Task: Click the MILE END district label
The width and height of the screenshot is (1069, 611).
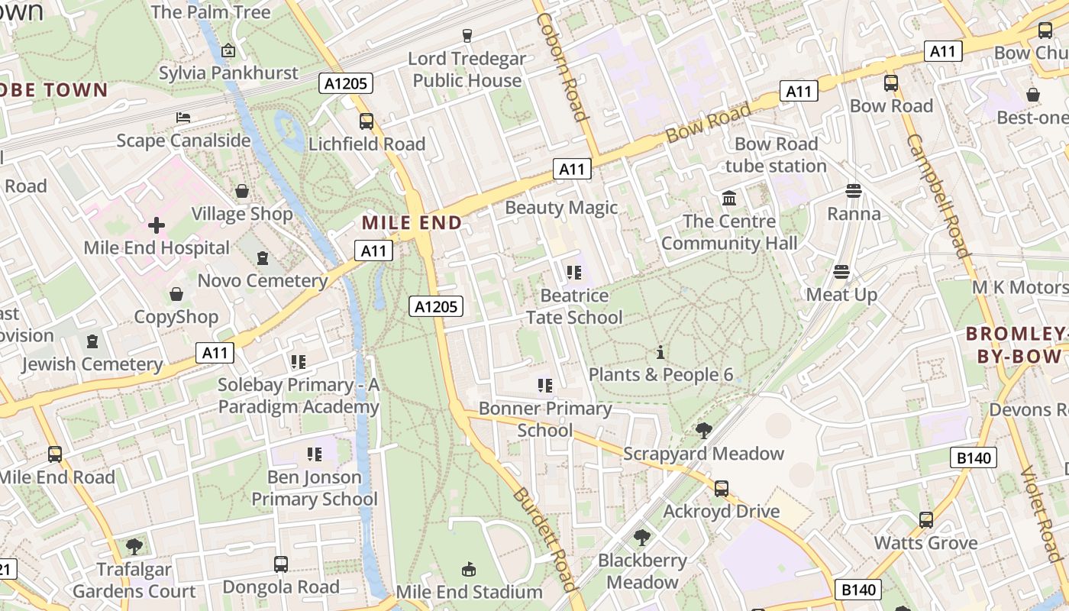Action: coord(412,223)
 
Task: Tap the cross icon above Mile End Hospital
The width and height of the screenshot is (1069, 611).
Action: coord(157,225)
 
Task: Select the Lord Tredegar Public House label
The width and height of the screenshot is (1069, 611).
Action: coord(467,70)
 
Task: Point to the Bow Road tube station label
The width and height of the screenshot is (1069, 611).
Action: coord(776,155)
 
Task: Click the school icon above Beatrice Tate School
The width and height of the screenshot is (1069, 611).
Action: coord(573,273)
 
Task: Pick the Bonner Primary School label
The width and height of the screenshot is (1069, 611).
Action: coord(545,419)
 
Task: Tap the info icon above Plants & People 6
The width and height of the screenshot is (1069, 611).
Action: coord(660,352)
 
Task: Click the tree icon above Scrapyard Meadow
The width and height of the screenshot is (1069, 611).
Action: coord(704,431)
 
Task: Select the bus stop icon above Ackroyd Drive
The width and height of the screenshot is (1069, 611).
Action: coord(722,489)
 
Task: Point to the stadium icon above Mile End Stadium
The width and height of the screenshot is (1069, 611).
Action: coord(469,569)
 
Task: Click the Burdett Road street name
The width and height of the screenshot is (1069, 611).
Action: coord(544,538)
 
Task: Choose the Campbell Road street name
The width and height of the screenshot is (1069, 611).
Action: coord(938,196)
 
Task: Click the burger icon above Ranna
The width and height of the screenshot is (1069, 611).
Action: coord(854,191)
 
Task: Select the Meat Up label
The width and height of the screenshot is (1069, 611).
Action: coord(841,295)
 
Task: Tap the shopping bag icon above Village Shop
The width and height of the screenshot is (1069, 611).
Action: coord(242,191)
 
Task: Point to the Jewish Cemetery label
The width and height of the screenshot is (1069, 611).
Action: coord(92,364)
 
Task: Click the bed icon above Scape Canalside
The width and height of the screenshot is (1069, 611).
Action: coord(183,117)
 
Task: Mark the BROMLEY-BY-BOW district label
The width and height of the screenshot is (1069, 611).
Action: coord(1016,345)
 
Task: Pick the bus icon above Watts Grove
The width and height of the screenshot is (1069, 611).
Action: coord(926,520)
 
